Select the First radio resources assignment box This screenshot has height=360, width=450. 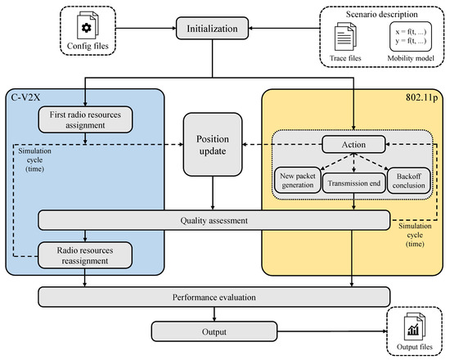coord(86,121)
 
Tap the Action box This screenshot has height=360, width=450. coord(353,144)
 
